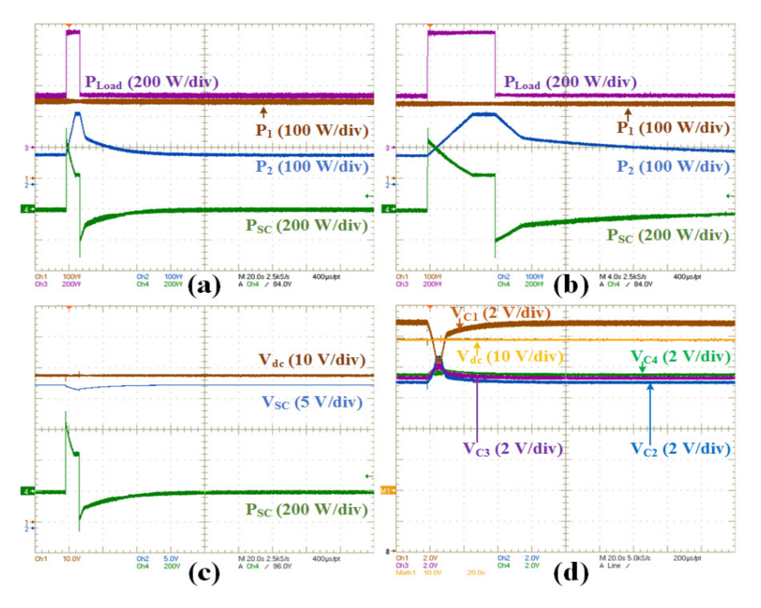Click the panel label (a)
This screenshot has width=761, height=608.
pyautogui.click(x=204, y=285)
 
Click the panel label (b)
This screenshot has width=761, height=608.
pyautogui.click(x=571, y=285)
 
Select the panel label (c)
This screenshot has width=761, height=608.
pyautogui.click(x=204, y=573)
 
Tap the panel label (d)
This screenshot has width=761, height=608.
pyautogui.click(x=571, y=573)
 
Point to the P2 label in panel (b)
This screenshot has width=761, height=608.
pyautogui.click(x=673, y=166)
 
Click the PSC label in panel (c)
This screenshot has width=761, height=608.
pyautogui.click(x=306, y=510)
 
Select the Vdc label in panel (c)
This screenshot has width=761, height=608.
pyautogui.click(x=312, y=360)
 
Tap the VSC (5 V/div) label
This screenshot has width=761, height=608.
pyautogui.click(x=312, y=402)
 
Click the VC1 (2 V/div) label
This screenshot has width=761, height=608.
pyautogui.click(x=501, y=313)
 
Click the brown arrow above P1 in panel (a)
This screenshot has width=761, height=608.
pyautogui.click(x=263, y=112)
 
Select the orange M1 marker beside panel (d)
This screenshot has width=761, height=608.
pyautogui.click(x=387, y=491)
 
